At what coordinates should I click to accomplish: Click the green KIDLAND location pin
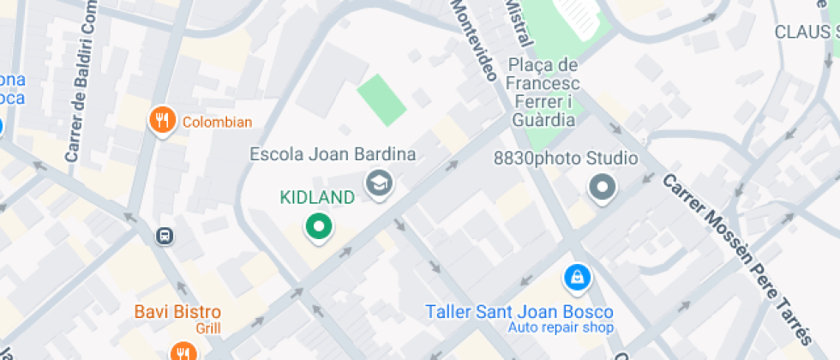point(320,227)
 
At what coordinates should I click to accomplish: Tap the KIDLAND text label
point(317,198)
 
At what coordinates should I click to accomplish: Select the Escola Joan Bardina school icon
point(378,183)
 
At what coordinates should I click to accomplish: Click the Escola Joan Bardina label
point(333,155)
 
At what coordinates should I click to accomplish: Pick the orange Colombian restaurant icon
point(162,121)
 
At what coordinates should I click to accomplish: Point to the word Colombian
point(217,122)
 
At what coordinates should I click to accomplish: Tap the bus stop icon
point(163,235)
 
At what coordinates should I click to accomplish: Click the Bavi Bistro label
point(177,312)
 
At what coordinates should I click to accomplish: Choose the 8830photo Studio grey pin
point(603,187)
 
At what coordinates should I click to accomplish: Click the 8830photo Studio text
point(566,159)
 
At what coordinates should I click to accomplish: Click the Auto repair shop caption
point(561,327)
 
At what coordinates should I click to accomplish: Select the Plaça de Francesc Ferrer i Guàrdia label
point(543,93)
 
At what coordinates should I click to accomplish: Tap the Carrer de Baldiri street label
point(77,82)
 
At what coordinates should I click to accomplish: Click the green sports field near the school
point(381,99)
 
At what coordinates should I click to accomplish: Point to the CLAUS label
point(805,32)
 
